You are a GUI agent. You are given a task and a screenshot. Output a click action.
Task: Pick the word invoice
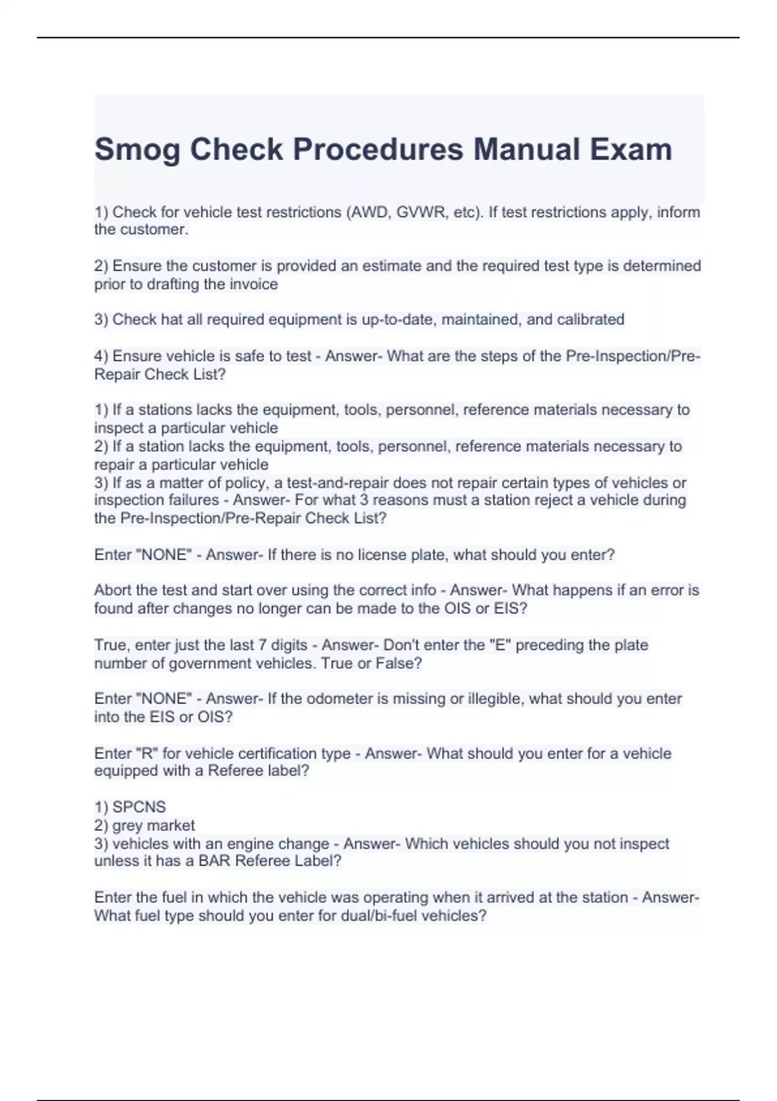pyautogui.click(x=254, y=284)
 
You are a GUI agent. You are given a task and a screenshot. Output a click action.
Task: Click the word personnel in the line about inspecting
pyautogui.click(x=417, y=410)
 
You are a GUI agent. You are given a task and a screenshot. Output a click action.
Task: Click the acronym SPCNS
pyautogui.click(x=139, y=807)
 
